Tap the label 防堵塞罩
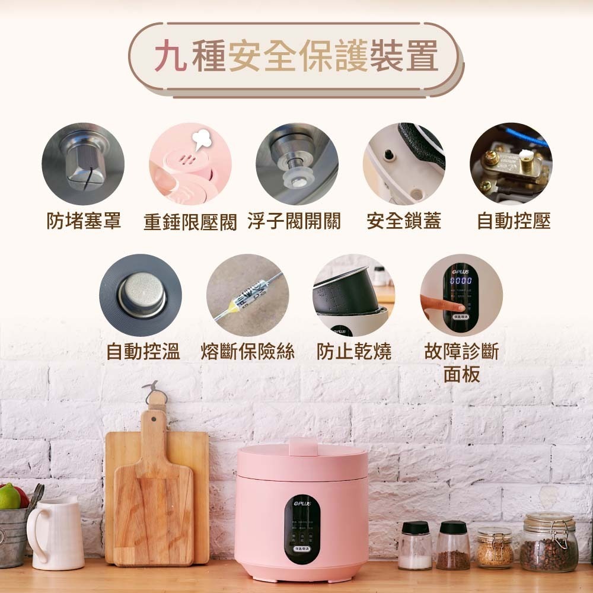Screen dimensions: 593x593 click(84, 221)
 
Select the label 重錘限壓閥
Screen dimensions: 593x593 click(190, 222)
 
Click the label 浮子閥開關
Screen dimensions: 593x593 click(294, 221)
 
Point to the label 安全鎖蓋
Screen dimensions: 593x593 click(403, 221)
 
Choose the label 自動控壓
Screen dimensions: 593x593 click(514, 221)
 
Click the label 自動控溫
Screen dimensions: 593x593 click(143, 351)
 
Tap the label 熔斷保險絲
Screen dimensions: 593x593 click(248, 351)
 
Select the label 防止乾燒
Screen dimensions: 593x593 click(353, 351)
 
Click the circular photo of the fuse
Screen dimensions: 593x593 click(247, 295)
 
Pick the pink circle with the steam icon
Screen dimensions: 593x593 click(190, 164)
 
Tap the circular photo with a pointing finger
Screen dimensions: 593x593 click(461, 295)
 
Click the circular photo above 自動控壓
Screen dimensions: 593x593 click(511, 164)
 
